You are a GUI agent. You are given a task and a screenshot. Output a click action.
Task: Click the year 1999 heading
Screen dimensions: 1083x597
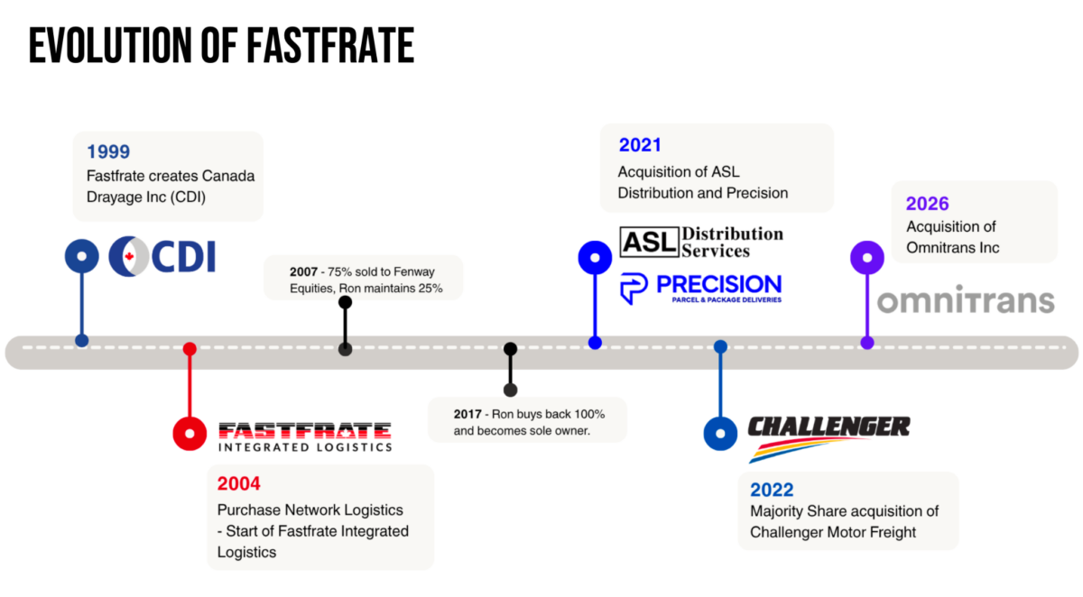click(x=108, y=152)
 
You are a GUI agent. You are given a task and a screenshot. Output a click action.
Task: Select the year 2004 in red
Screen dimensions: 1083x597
click(x=239, y=483)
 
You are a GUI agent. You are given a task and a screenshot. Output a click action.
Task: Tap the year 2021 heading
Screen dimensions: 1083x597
click(x=640, y=145)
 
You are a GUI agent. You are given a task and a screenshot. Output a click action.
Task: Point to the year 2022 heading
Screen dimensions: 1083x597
click(x=772, y=490)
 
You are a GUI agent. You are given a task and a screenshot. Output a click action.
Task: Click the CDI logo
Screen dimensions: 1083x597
click(x=162, y=256)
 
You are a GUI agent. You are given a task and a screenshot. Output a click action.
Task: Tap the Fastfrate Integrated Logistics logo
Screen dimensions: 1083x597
click(x=305, y=436)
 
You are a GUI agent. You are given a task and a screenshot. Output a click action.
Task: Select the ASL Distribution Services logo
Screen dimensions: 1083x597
click(x=701, y=242)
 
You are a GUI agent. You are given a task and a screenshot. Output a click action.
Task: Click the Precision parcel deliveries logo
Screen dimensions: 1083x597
click(x=700, y=289)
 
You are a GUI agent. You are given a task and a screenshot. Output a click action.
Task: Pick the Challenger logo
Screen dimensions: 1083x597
click(x=828, y=438)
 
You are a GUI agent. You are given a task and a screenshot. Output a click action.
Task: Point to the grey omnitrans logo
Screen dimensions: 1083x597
click(x=966, y=299)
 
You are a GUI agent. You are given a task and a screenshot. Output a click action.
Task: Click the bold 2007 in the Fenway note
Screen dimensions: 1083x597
click(x=303, y=272)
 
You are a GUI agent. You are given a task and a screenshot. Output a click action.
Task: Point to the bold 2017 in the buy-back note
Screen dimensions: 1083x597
click(x=467, y=415)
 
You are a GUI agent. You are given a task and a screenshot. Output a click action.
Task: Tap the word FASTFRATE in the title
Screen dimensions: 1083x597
click(x=330, y=45)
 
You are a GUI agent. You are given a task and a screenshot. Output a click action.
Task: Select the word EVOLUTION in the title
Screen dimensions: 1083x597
click(x=110, y=45)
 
